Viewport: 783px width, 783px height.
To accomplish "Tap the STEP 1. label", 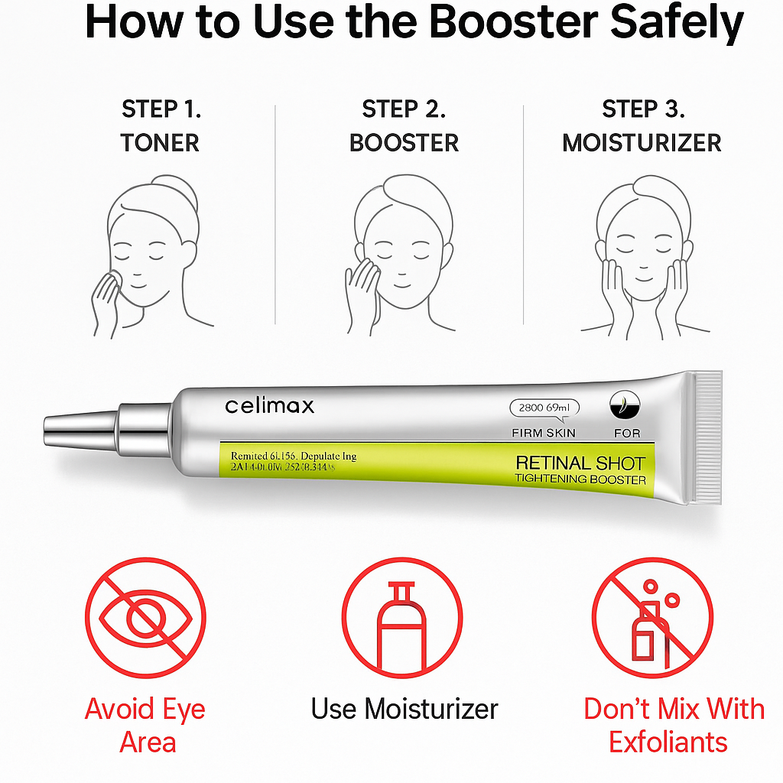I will coord(161,109).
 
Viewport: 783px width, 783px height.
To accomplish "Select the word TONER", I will coord(160,143).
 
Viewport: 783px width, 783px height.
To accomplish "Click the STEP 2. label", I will coord(404,109).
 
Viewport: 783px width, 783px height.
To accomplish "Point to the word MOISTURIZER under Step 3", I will coord(642,143).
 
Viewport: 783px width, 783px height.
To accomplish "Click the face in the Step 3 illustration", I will coord(645,256).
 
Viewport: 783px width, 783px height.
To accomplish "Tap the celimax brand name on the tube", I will coord(269,405).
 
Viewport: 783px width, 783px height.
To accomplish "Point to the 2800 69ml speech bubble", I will coord(544,408).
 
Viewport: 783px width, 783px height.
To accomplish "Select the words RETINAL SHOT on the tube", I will coord(580,463).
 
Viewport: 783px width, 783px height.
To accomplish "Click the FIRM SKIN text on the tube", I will coord(543,433).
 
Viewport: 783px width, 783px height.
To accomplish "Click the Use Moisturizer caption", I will coord(404,709).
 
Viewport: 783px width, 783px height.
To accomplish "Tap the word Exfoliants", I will coord(668,742).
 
